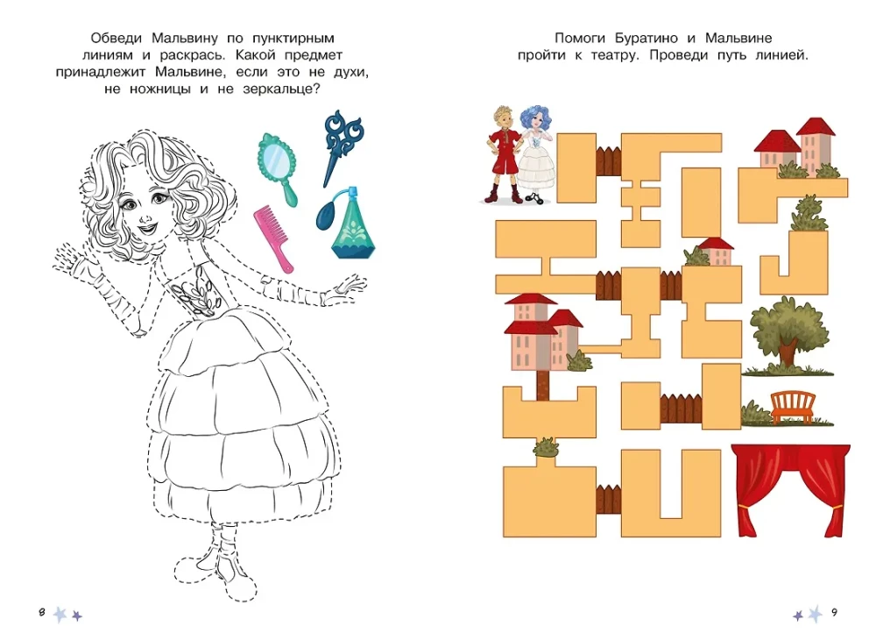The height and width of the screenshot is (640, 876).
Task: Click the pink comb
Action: click(x=273, y=238)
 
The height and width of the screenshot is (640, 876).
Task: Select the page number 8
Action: click(x=42, y=612)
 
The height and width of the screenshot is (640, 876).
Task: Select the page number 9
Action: click(x=834, y=612)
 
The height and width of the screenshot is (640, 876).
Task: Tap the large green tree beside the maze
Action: click(x=788, y=333)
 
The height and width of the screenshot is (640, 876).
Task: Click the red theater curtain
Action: click(x=790, y=489)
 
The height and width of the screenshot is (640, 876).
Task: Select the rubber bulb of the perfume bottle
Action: click(x=326, y=215)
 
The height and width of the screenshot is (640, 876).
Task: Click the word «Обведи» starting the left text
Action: click(x=117, y=38)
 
